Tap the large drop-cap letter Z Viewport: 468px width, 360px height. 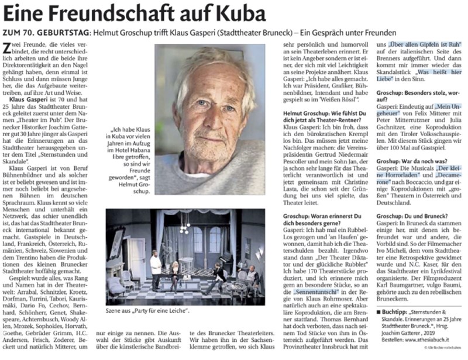[8, 50]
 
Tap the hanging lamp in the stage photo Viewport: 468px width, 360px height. [185, 223]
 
